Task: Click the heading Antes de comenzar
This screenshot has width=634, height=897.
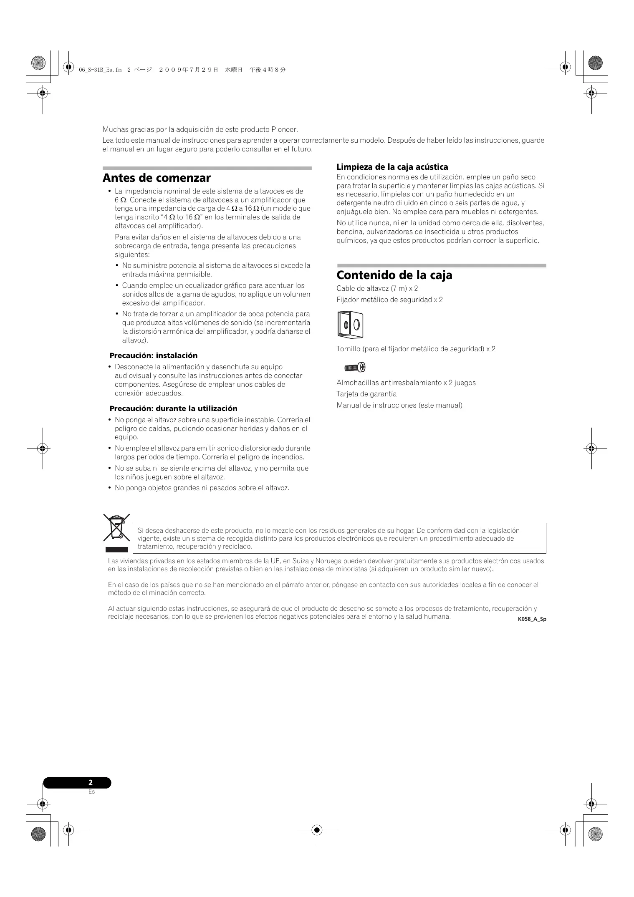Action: coord(157,178)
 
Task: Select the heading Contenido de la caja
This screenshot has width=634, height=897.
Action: coord(394,275)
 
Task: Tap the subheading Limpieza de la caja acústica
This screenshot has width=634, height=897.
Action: coord(392,167)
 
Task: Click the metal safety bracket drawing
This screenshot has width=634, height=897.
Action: coord(350,325)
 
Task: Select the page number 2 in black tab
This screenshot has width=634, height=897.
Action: coord(91,783)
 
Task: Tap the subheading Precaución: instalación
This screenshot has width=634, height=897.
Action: coord(153,355)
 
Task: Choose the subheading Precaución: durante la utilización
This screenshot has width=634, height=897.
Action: coord(173,408)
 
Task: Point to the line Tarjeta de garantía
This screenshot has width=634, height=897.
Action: coord(366,394)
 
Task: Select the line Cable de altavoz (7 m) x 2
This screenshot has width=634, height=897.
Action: coord(377,288)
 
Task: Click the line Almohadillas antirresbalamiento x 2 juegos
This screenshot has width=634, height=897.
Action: coord(406,383)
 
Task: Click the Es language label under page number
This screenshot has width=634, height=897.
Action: coord(91,791)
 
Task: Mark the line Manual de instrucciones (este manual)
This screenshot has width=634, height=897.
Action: coord(399,405)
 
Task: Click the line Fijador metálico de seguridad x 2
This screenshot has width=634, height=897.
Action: coord(389,300)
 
